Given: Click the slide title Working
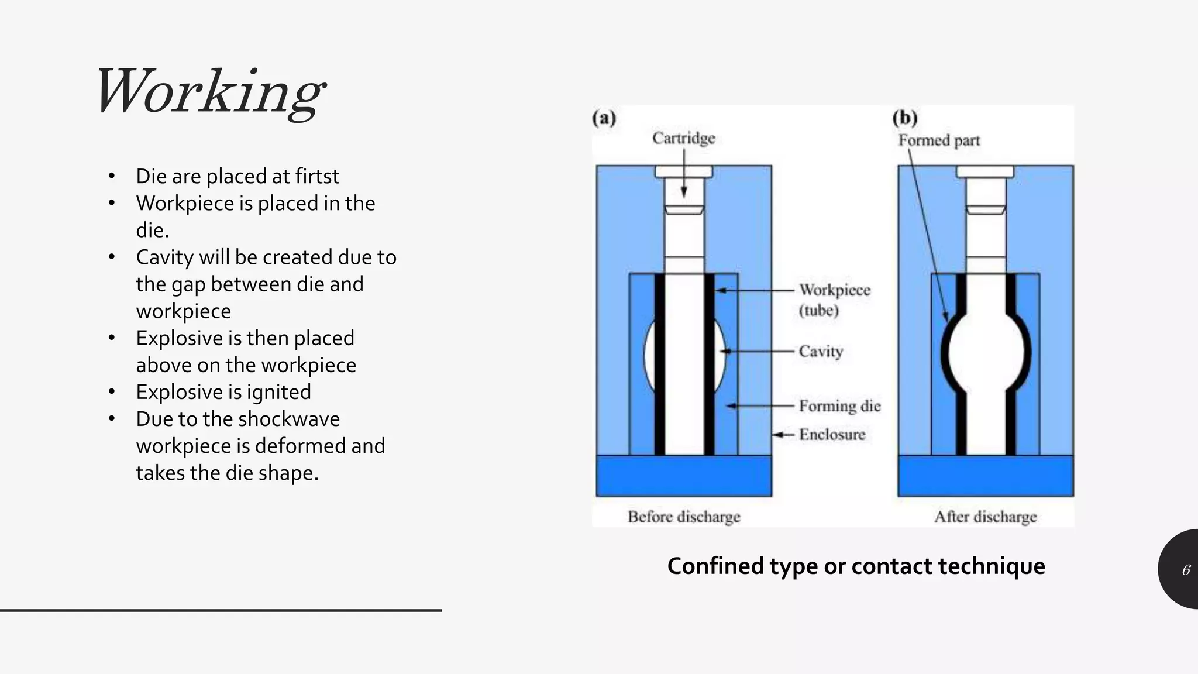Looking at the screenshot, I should tap(209, 92).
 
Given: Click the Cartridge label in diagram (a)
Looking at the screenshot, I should tap(683, 138).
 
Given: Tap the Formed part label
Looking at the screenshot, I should tap(939, 140).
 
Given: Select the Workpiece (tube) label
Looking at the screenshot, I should tap(834, 300).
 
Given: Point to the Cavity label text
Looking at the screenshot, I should tap(821, 351).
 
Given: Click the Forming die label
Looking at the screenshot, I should tap(839, 405).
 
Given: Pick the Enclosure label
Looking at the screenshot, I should tap(832, 434).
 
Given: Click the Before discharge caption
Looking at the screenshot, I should tap(684, 517).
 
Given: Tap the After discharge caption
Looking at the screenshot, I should tap(985, 517).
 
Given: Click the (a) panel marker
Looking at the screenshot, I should tap(604, 118).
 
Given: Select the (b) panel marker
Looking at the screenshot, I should tap(904, 118).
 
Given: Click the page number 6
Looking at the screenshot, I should tap(1186, 570).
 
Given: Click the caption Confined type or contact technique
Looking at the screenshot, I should tap(856, 566).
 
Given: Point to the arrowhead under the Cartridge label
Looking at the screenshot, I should tap(683, 193).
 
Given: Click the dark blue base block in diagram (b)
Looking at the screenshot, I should tap(985, 476).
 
